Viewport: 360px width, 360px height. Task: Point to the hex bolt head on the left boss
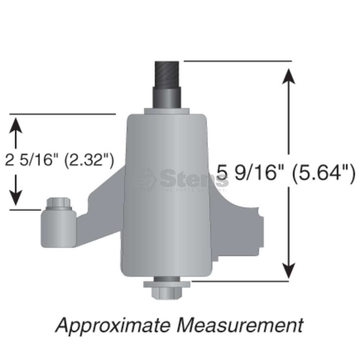tap(59, 203)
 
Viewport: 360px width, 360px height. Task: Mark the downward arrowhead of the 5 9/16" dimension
tap(288, 270)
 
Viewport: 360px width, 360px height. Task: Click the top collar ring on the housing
tap(167, 111)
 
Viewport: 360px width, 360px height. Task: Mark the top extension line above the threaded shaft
tap(238, 61)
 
